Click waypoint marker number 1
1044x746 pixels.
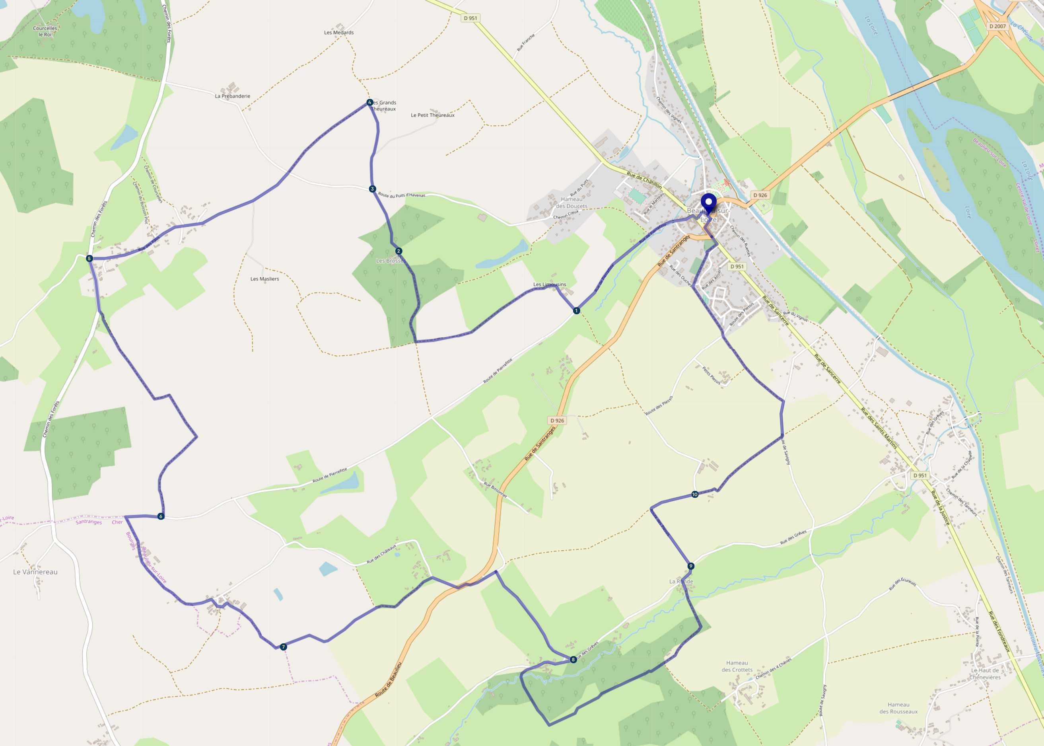[x=576, y=310]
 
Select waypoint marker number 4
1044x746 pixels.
[x=369, y=102]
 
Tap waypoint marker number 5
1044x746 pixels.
[x=89, y=258]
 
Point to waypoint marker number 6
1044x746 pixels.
[x=161, y=516]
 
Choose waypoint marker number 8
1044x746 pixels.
[x=573, y=659]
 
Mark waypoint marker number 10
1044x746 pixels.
[x=695, y=494]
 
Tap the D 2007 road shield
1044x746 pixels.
[x=997, y=26]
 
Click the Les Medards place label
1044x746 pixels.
[x=339, y=33]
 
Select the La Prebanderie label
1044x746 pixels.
[x=233, y=96]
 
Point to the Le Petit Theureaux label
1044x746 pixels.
[x=432, y=115]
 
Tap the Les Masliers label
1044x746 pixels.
[x=264, y=279]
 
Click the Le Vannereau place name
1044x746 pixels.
[x=35, y=572]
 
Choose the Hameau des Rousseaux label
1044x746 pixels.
[x=898, y=708]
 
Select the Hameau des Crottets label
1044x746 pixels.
[x=737, y=666]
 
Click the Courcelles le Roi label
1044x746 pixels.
[x=45, y=31]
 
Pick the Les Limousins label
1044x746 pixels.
[x=550, y=284]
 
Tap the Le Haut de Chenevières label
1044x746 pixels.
[x=985, y=674]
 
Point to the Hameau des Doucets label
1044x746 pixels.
[x=572, y=203]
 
